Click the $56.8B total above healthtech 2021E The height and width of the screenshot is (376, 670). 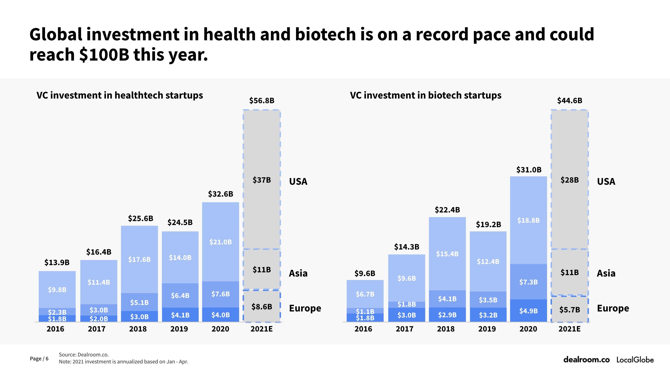(x=262, y=100)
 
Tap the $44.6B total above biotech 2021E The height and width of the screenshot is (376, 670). (x=569, y=100)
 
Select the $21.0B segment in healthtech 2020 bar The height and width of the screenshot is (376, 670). (x=220, y=242)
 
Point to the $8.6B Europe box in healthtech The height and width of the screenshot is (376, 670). (x=262, y=307)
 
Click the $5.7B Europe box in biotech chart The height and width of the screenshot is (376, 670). (x=570, y=310)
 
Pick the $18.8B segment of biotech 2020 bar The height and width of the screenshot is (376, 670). (x=528, y=220)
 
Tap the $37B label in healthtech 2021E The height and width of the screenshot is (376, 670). (x=262, y=180)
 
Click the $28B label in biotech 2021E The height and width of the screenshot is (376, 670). (x=569, y=180)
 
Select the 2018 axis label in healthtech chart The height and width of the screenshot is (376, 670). (x=138, y=329)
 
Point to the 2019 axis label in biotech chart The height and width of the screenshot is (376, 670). (x=487, y=329)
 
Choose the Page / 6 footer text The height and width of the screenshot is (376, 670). (x=39, y=359)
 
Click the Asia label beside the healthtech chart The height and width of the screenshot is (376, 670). (x=298, y=273)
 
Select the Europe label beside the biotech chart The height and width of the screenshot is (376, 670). (x=613, y=308)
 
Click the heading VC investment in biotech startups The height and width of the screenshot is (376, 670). (x=426, y=95)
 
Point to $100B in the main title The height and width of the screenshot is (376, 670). (x=104, y=55)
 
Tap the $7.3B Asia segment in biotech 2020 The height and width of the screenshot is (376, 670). (x=528, y=282)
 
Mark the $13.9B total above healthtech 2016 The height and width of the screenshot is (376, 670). (x=57, y=263)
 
